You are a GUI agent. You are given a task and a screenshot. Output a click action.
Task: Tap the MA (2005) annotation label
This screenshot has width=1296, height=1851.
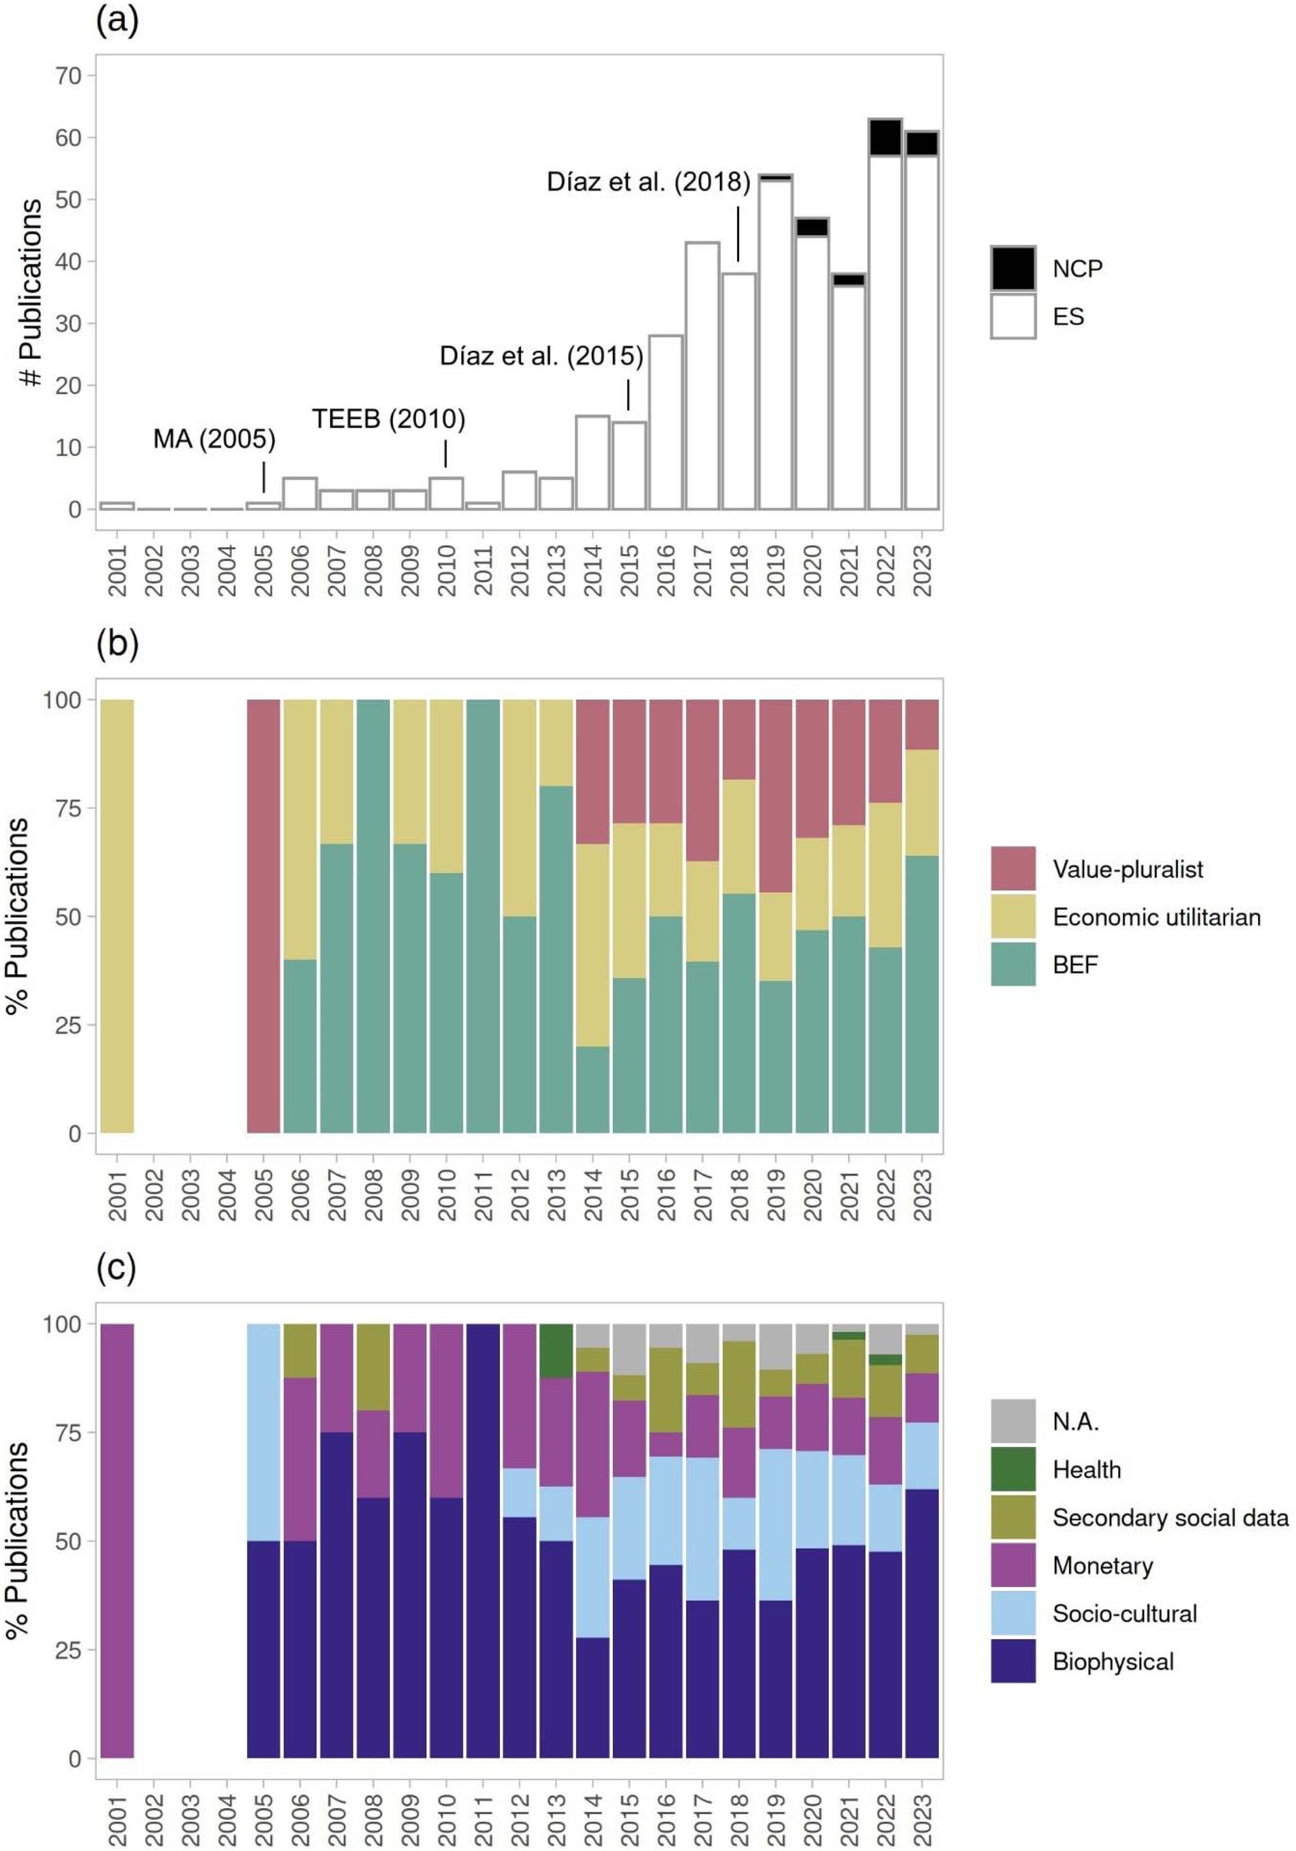214,439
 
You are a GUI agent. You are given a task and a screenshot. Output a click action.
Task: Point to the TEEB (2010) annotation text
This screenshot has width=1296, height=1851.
389,419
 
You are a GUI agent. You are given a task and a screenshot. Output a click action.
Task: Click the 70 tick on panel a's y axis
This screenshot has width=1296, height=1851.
69,76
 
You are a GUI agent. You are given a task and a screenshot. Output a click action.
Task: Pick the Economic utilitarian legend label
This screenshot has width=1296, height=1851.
1156,917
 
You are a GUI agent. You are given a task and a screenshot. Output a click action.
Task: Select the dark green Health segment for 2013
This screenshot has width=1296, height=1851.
556,1350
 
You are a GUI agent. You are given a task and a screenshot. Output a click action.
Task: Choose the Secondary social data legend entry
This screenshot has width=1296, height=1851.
1169,1518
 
